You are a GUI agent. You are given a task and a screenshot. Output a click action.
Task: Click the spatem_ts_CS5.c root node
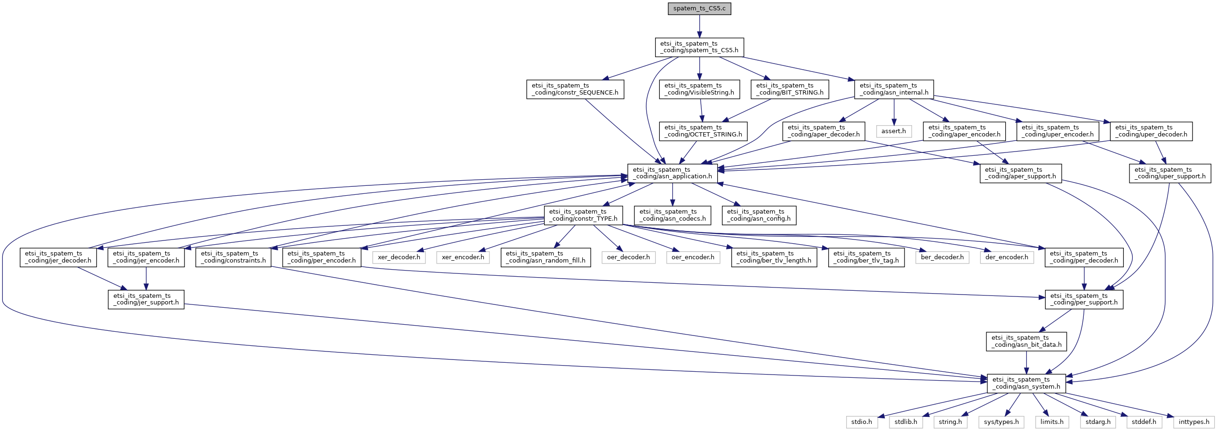[x=699, y=8]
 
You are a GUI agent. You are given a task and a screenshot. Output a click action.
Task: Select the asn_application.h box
[x=673, y=173]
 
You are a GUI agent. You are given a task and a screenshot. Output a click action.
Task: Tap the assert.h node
[x=893, y=131]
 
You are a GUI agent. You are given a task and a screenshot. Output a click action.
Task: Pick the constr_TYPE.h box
[x=583, y=215]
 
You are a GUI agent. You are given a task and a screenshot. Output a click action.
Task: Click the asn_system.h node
[x=1026, y=383]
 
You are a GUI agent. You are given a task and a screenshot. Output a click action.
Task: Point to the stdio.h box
[x=862, y=422]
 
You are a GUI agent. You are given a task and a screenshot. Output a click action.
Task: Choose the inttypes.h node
[x=1194, y=422]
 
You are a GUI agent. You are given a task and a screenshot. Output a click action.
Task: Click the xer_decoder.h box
[x=399, y=257]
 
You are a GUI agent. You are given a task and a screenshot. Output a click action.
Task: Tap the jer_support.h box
[x=146, y=299]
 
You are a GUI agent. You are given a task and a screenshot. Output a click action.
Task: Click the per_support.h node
[x=1084, y=299]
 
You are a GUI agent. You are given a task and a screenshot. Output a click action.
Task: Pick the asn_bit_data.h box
[x=1026, y=341]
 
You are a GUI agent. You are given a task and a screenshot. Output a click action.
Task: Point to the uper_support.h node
[x=1170, y=173]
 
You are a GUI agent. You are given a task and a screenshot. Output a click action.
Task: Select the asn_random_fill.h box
[x=545, y=257]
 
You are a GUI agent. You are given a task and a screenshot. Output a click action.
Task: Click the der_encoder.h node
[x=1007, y=257]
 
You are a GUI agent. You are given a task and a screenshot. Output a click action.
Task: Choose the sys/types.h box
[x=1001, y=422]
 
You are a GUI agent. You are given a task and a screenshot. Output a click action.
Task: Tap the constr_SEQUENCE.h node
[x=575, y=89]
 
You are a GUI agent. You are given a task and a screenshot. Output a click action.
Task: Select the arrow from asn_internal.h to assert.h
[x=894, y=112]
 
